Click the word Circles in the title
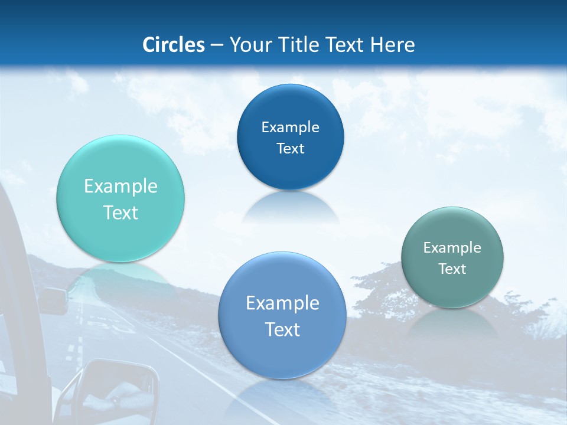click(x=173, y=45)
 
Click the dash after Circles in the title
click(x=217, y=45)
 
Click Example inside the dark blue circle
click(x=290, y=127)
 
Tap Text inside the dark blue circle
click(x=290, y=148)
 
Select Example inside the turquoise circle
click(x=120, y=186)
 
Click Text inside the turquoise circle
click(x=120, y=212)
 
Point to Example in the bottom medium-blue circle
click(x=282, y=303)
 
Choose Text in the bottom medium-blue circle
click(x=282, y=329)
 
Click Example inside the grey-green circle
click(x=452, y=248)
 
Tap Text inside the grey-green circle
click(x=452, y=269)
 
